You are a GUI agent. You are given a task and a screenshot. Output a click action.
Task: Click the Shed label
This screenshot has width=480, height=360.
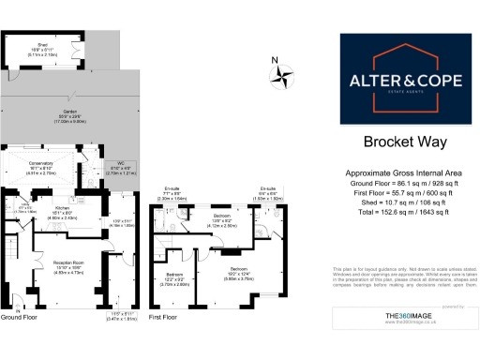(42, 45)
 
